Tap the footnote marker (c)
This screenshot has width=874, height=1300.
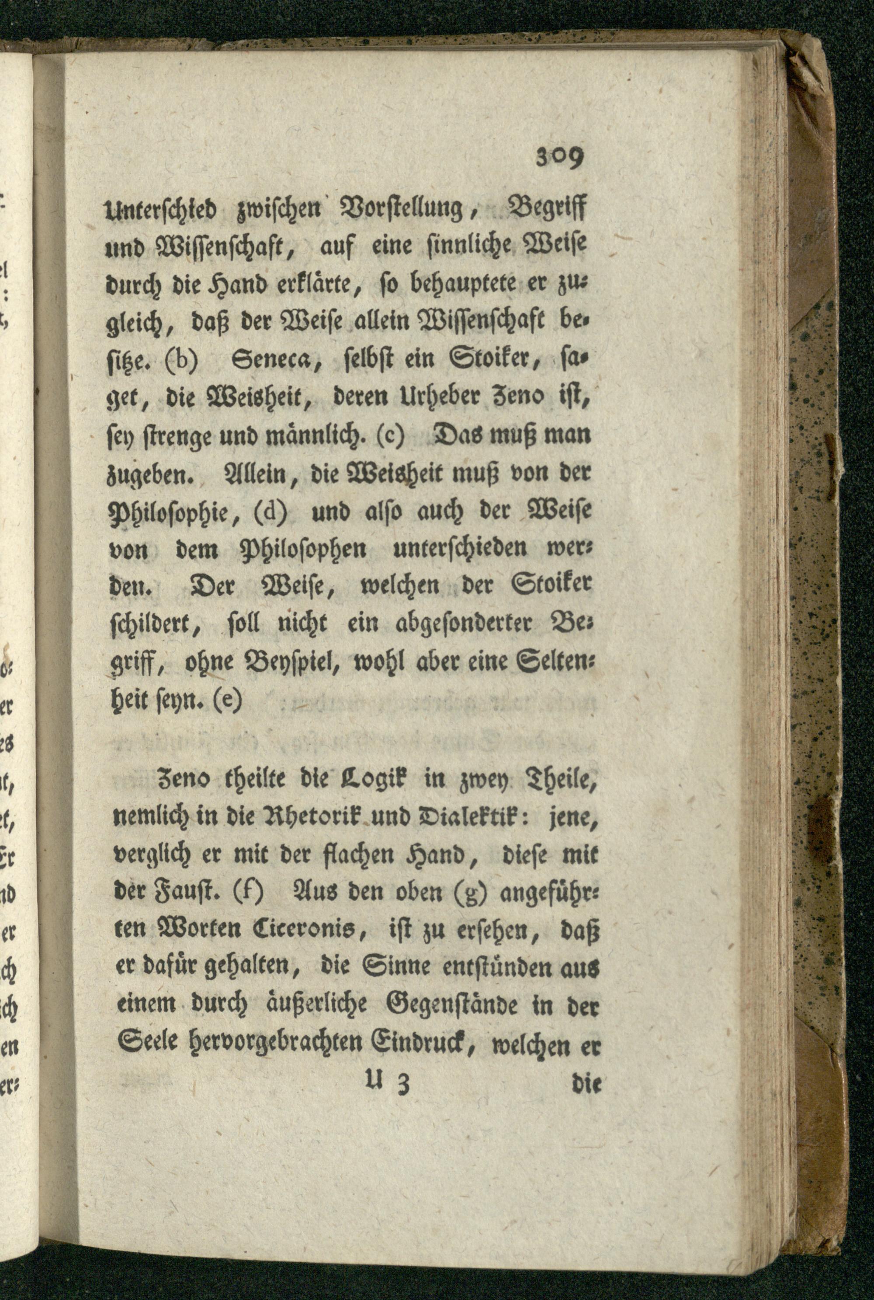point(390,432)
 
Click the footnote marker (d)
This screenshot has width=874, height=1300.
point(271,510)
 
